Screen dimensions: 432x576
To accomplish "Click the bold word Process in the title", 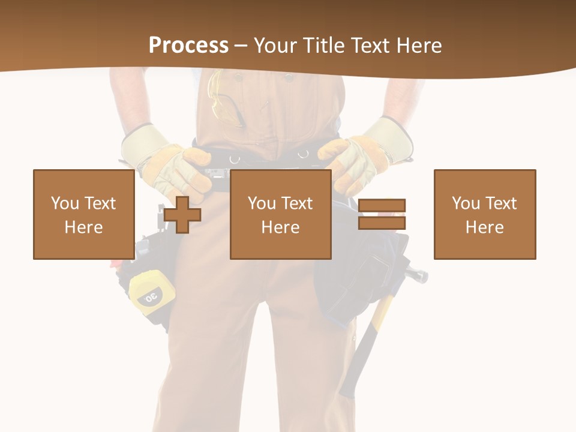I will click(x=188, y=46).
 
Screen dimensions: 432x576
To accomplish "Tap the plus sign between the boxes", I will click(x=182, y=214).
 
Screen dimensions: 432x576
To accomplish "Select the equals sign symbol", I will click(x=382, y=214).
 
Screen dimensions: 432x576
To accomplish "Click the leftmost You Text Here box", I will click(x=84, y=214).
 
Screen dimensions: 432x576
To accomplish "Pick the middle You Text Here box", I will click(x=280, y=214).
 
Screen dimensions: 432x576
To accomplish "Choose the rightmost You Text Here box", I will click(x=484, y=214).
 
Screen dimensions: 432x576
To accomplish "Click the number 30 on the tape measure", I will click(x=150, y=296).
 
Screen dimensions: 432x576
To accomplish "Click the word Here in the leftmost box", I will click(x=83, y=227).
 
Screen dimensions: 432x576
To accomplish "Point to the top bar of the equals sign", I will click(x=382, y=206).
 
